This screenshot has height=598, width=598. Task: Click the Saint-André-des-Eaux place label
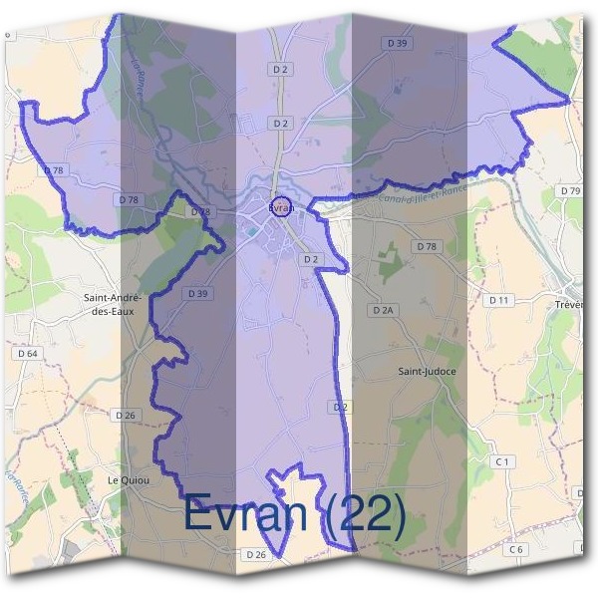[113, 304]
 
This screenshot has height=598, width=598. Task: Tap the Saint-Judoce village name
[428, 372]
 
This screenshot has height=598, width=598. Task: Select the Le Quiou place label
[128, 479]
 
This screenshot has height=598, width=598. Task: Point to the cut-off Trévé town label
[574, 303]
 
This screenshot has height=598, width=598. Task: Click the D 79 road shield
[569, 190]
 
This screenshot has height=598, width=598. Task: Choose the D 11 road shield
[499, 300]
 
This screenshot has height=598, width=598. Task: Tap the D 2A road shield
[384, 310]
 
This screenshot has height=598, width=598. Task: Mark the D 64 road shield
[27, 354]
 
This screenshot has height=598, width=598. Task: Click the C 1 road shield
[502, 462]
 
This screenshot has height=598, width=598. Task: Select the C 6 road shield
[515, 549]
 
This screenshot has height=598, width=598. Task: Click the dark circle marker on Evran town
[280, 207]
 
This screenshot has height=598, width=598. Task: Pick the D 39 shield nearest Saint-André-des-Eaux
[196, 294]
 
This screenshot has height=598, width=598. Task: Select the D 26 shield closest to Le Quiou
[125, 415]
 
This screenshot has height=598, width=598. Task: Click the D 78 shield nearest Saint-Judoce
[427, 246]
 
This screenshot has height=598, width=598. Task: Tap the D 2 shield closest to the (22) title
[341, 407]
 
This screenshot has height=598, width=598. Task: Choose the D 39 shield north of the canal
[398, 44]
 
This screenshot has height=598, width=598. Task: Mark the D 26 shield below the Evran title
[255, 554]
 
